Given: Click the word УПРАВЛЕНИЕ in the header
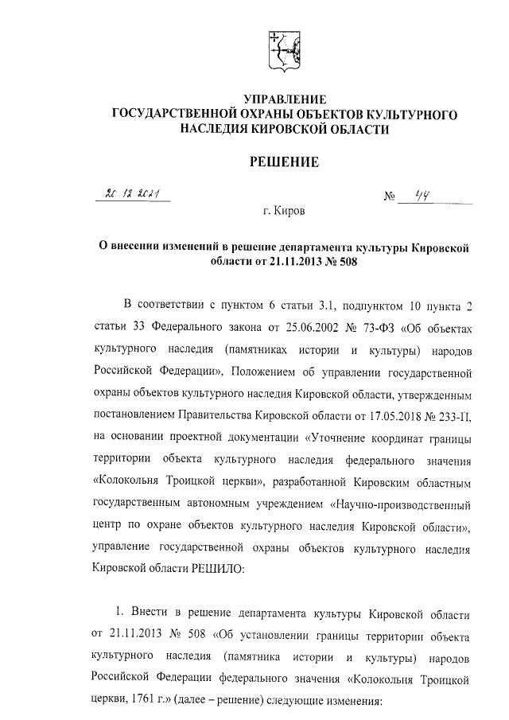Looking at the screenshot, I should pos(285,99).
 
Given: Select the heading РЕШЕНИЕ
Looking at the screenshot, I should pos(285,162).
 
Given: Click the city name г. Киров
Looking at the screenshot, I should pos(284,212).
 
